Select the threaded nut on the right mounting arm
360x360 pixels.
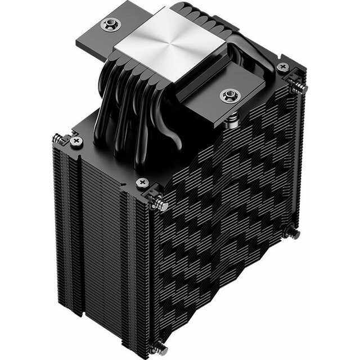point(229,96)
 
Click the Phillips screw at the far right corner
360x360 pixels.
point(283,67)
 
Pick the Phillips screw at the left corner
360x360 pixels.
point(77,141)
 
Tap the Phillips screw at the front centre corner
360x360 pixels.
point(143,182)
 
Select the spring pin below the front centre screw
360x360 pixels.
point(159,204)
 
